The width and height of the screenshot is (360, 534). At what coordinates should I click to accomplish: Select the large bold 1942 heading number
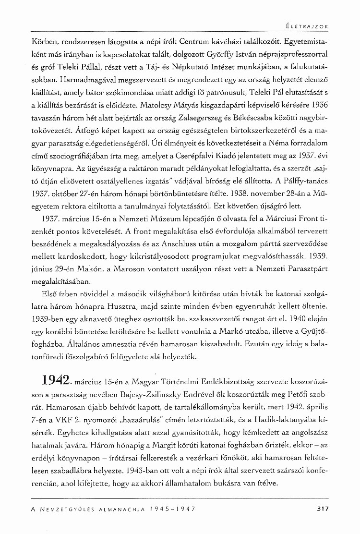pos(55,383)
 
